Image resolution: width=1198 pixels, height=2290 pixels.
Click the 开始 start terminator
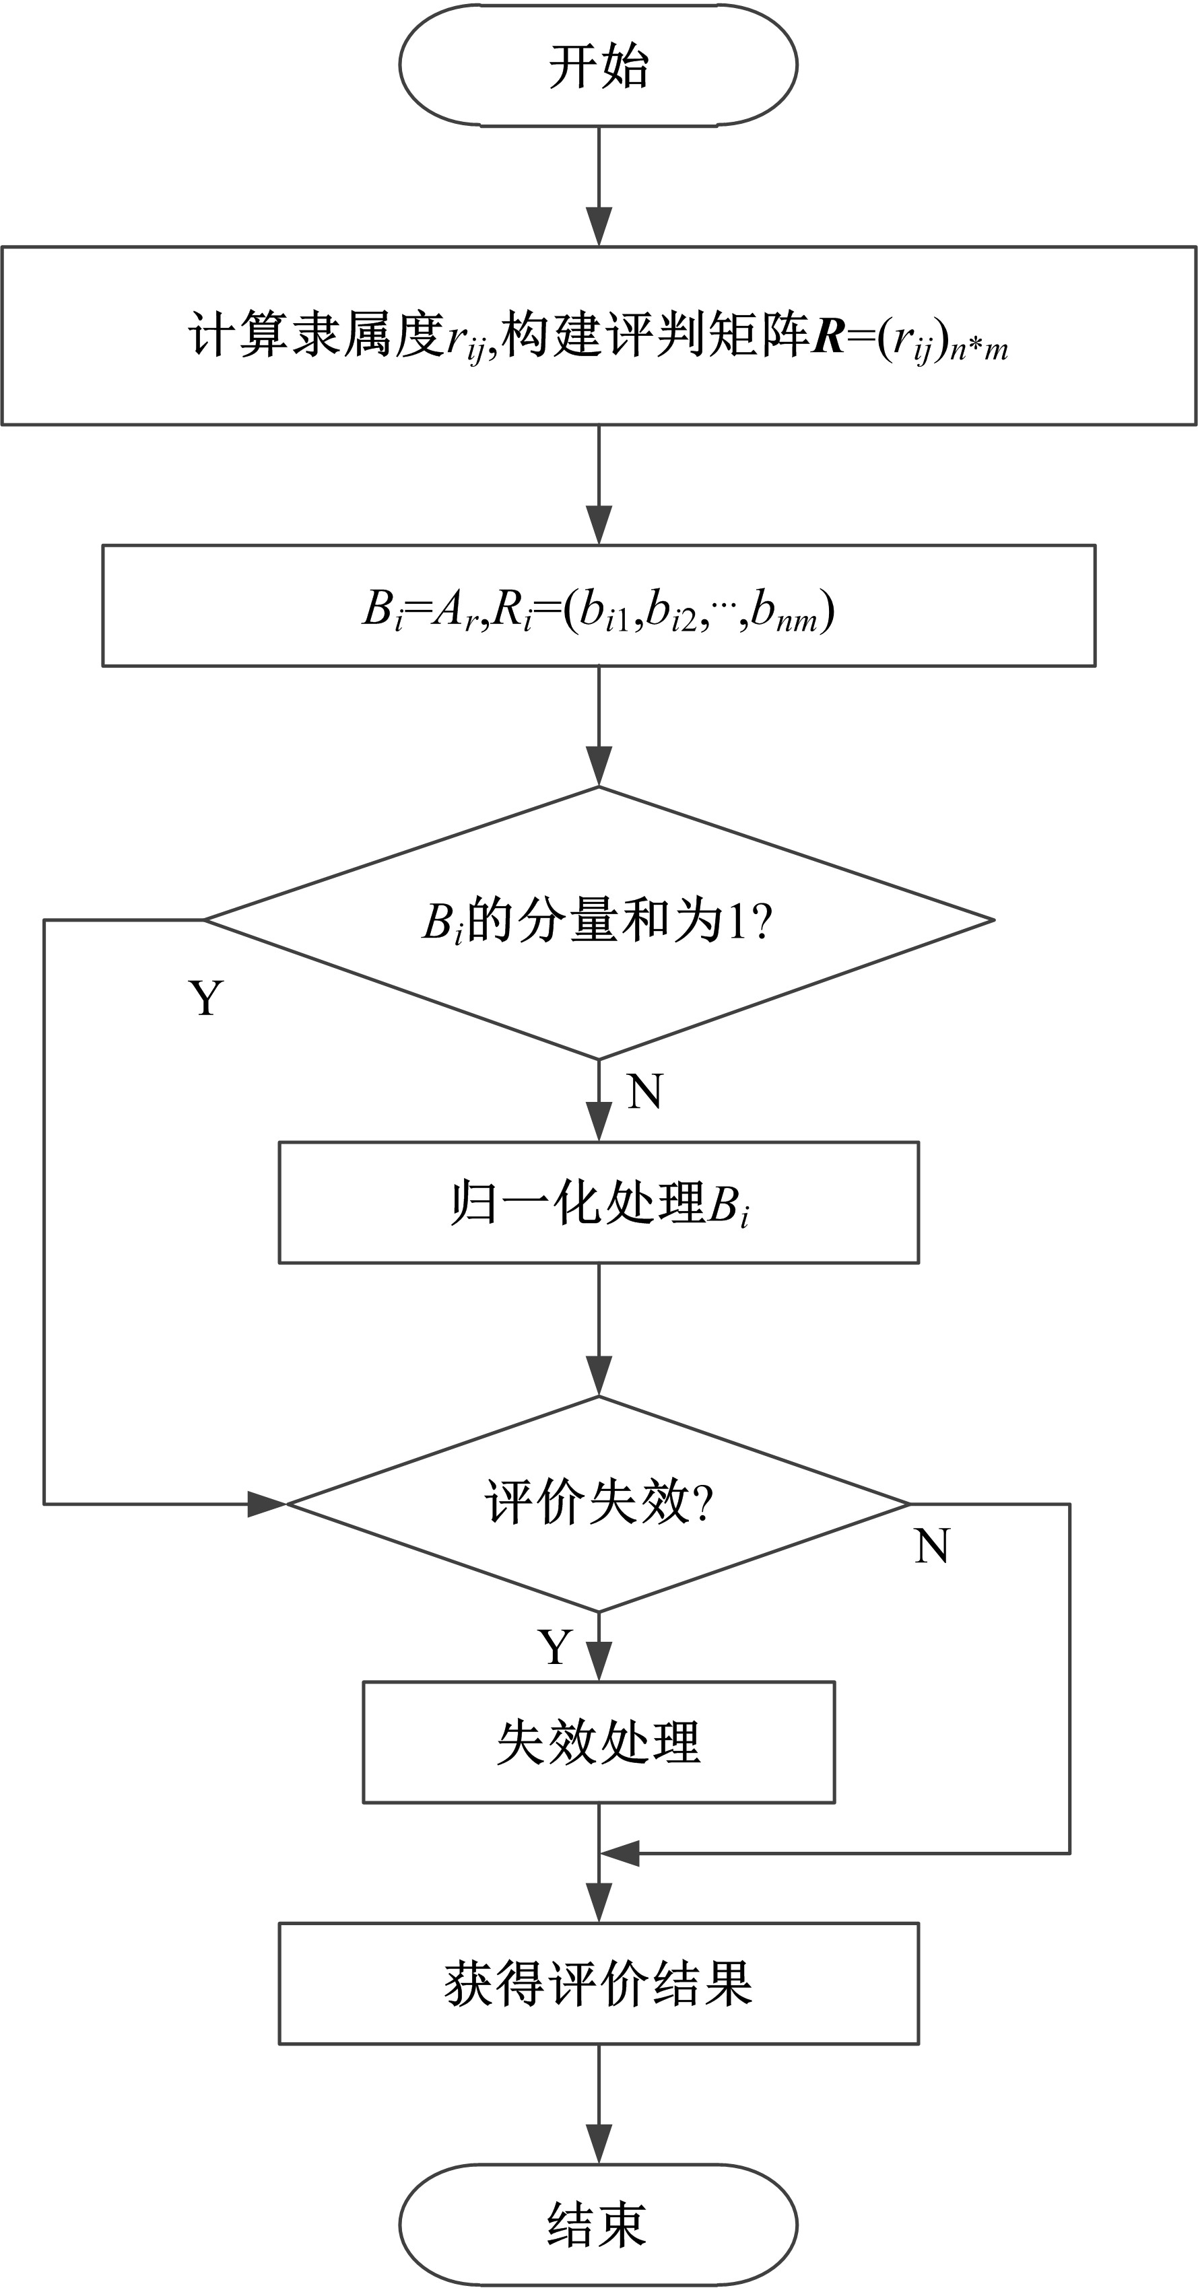(598, 65)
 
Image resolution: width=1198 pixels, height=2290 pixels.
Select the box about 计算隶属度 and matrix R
(598, 336)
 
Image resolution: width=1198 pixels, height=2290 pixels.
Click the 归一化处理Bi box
(598, 1203)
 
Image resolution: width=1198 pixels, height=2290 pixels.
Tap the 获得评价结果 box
(598, 1983)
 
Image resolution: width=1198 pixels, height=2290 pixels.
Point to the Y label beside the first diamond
(205, 998)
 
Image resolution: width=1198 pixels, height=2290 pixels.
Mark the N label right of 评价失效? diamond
(931, 1546)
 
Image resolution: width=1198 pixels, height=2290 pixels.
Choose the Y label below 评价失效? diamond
(555, 1647)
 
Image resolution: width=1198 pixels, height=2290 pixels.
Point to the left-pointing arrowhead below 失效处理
(620, 1854)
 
